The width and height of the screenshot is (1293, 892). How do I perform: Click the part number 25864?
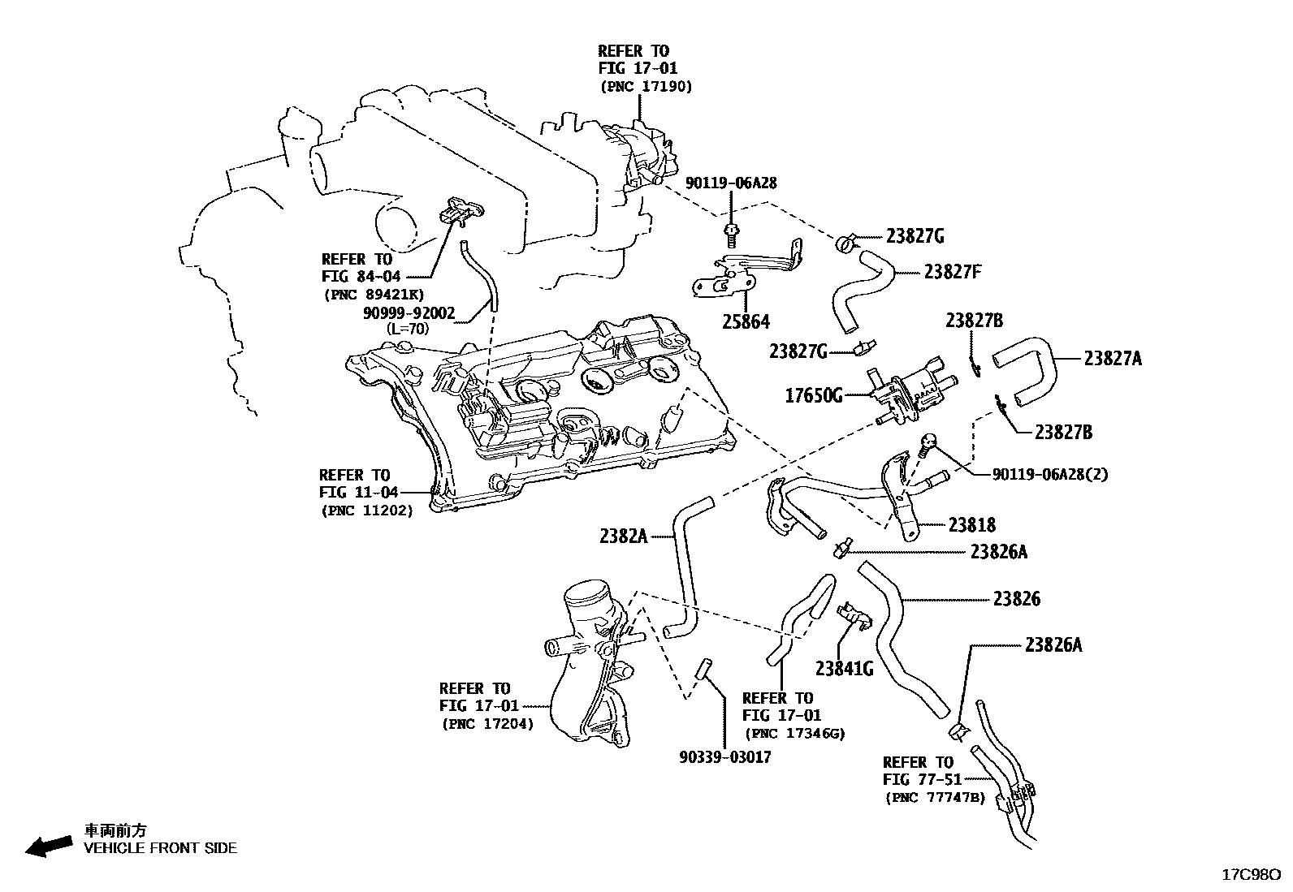[746, 322]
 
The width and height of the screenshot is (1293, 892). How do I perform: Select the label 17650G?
[814, 396]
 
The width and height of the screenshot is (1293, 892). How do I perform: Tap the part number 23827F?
[953, 271]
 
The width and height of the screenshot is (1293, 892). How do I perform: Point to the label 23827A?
[1112, 358]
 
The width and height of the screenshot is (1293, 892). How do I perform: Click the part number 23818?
[971, 525]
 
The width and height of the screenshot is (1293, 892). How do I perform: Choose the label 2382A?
[624, 536]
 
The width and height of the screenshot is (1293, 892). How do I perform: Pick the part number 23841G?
[844, 668]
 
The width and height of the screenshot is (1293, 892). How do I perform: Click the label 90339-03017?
[724, 757]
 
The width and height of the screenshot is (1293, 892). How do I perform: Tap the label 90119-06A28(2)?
[1049, 474]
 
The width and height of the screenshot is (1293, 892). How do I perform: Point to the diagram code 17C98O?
[1252, 874]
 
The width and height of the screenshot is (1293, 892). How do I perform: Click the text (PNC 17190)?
[646, 86]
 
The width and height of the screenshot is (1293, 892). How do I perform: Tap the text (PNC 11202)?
[366, 511]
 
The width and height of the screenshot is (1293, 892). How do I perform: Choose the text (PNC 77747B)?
[934, 797]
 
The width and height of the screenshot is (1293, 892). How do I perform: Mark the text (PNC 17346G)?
[794, 733]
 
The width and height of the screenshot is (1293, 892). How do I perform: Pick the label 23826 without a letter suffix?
[1016, 599]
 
